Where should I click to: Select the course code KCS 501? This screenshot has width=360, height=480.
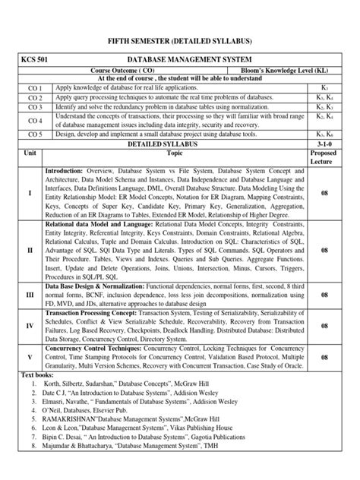[36, 58]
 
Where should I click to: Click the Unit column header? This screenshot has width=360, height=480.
[31, 153]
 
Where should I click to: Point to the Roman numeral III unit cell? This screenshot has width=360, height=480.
[30, 293]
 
